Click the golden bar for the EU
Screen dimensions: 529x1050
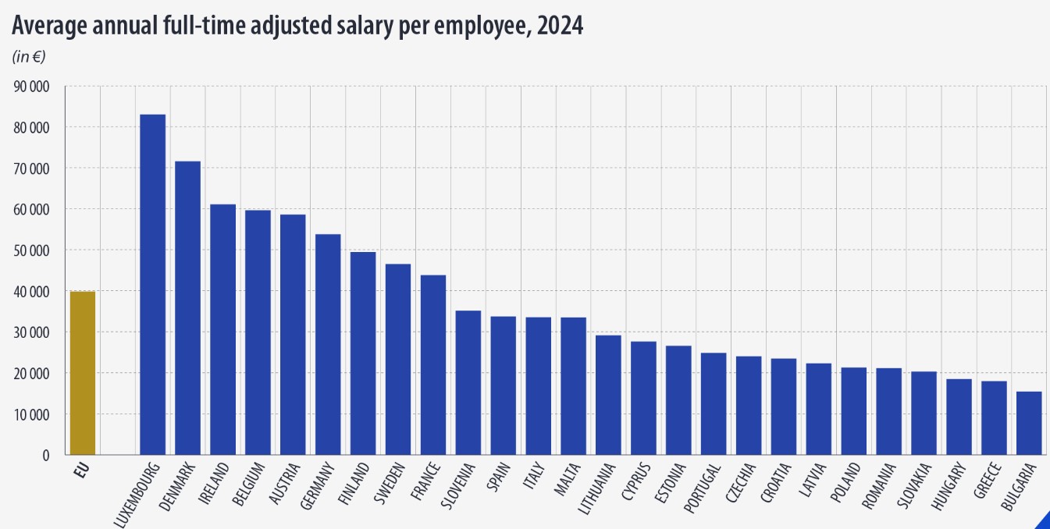coord(83,373)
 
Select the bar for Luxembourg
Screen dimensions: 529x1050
coord(152,285)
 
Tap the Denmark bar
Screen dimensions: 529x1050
coord(187,308)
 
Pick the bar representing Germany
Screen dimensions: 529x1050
coord(328,344)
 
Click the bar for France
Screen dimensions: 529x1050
coord(433,364)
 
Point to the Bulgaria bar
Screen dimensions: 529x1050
coord(1029,423)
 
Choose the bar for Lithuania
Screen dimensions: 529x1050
coord(608,395)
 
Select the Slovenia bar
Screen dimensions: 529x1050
coord(468,382)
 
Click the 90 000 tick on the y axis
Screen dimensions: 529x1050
coord(32,87)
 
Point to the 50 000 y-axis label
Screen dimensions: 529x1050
coord(32,250)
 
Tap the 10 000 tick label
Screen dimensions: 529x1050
coord(32,414)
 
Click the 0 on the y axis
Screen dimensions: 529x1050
coord(46,455)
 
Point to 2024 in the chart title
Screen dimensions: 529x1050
coord(559,26)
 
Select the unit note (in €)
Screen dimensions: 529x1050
coord(28,56)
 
